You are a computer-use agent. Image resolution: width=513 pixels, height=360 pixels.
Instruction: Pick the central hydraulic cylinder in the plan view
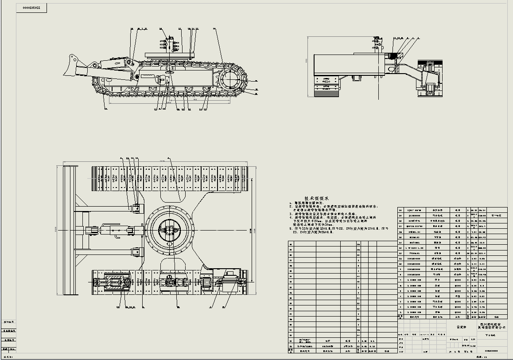[x=106, y=230]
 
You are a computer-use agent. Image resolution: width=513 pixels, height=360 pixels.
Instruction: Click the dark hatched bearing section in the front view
[x=396, y=55]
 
